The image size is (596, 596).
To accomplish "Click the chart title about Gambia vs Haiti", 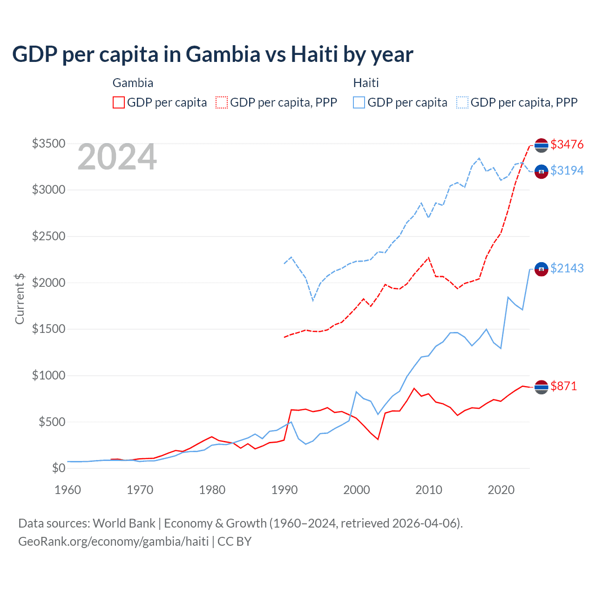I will pos(212,54).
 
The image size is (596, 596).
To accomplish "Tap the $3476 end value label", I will pos(567,144).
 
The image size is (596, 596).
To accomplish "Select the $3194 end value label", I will pos(567,170).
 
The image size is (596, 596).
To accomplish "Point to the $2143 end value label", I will pos(567,268).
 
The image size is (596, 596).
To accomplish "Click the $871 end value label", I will pos(563,386).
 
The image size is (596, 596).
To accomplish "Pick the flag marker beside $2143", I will pos(541,269).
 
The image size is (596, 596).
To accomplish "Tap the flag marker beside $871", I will pos(541,387).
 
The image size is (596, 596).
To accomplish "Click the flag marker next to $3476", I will pos(541,145).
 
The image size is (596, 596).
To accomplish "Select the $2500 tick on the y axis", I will pos(48,236).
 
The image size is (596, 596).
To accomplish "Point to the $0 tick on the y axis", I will pos(58,468).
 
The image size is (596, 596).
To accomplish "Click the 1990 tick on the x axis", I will pos(284,490).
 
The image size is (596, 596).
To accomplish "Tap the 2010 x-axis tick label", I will pos(429,490).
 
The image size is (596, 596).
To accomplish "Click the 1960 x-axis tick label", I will pos(68,490).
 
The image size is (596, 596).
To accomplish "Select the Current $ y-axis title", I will pos(20,299).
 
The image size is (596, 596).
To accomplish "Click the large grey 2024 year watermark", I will pos(117,157).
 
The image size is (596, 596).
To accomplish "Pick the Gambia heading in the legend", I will pos(133,83).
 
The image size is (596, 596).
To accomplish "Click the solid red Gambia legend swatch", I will pos(119,102).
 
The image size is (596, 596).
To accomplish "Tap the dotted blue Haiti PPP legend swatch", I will pos(462,102).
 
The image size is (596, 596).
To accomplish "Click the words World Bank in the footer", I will pos(124,523).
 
